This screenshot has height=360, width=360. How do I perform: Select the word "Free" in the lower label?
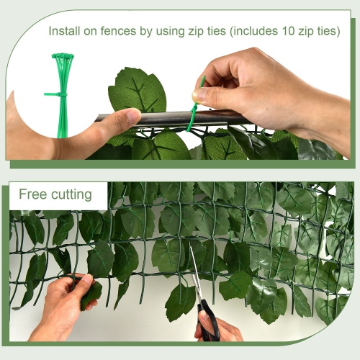(32, 194)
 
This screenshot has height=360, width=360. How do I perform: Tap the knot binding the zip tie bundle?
(58, 94)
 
